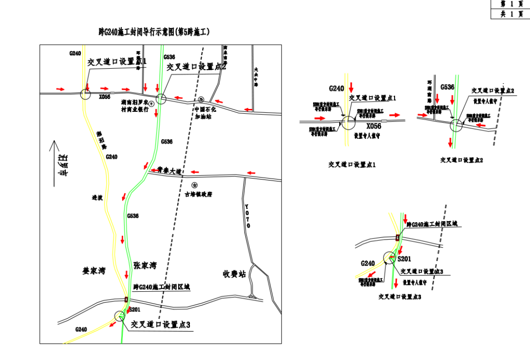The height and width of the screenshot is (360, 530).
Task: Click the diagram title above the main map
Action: click(x=154, y=32)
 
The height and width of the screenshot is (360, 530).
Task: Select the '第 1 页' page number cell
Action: click(x=511, y=4)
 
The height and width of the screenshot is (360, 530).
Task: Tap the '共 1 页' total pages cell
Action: click(x=511, y=14)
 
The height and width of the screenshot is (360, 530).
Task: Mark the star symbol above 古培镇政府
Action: click(x=195, y=185)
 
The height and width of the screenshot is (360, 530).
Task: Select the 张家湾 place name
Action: click(x=145, y=265)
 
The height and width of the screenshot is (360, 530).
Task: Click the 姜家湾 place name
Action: click(x=94, y=270)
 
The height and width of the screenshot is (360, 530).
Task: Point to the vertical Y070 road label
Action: click(x=247, y=216)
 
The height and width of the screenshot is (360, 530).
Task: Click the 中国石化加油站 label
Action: click(x=205, y=113)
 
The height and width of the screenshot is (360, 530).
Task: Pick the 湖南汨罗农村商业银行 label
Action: click(x=135, y=106)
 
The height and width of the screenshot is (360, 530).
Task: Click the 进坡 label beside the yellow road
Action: click(x=97, y=198)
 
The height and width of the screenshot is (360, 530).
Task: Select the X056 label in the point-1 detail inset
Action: click(x=373, y=126)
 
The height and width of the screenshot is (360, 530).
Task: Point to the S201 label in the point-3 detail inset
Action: click(x=404, y=258)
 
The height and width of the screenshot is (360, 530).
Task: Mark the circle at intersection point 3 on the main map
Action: click(x=119, y=316)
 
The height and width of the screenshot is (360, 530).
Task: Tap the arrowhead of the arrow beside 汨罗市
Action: click(x=53, y=144)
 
